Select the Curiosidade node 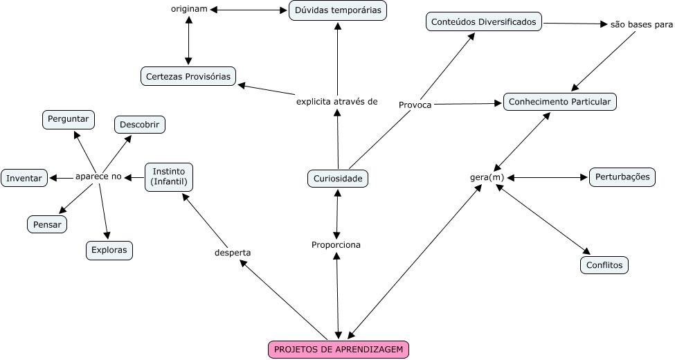[338, 179]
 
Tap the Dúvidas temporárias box [337, 10]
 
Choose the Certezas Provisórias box [188, 76]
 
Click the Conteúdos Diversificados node [484, 22]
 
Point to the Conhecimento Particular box [559, 102]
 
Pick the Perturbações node [622, 177]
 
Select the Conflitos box [604, 265]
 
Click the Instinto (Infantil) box [169, 177]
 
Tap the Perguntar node [69, 119]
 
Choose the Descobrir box [140, 125]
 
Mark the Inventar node [24, 178]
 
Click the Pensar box [47, 224]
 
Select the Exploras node [109, 250]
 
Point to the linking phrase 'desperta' [233, 253]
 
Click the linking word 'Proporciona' [336, 244]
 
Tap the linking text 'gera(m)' [487, 177]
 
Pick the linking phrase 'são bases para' [641, 25]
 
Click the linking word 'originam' [189, 9]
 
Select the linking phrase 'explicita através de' [336, 101]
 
